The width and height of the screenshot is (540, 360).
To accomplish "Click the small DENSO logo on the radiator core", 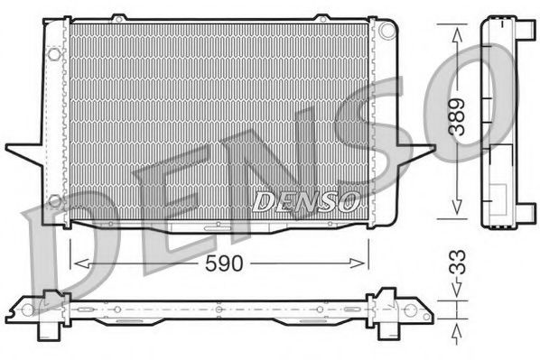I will [307, 199].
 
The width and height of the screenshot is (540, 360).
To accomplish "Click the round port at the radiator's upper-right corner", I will [388, 30].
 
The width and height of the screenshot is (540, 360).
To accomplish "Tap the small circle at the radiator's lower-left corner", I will [54, 199].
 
